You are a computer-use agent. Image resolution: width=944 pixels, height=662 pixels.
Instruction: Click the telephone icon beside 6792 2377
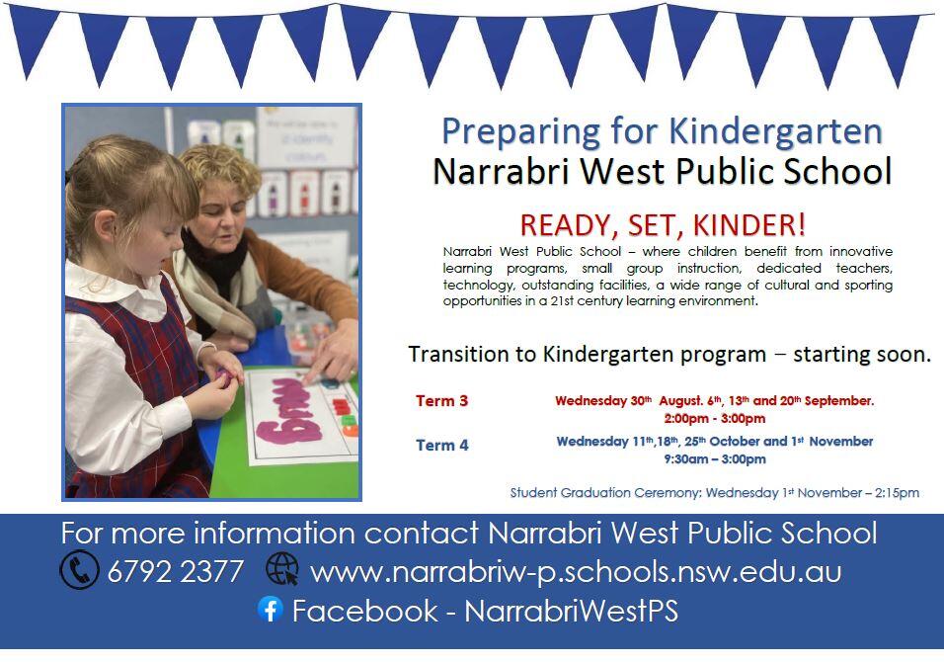[x=79, y=569]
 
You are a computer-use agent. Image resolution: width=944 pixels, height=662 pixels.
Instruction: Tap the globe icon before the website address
[x=282, y=569]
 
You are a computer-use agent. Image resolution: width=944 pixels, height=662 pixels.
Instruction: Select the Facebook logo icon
[x=271, y=609]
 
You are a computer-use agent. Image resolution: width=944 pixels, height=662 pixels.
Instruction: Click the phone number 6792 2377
[x=175, y=571]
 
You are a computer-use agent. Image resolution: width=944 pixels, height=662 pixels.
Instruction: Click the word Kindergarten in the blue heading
[x=775, y=132]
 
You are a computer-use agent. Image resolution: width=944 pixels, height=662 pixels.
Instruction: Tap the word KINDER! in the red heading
[x=748, y=225]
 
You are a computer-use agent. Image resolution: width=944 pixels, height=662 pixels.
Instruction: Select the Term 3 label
[x=442, y=401]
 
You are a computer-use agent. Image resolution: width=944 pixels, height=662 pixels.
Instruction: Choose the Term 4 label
[x=442, y=446]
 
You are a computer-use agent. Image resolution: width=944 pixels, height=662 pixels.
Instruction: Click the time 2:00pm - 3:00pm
[x=715, y=418]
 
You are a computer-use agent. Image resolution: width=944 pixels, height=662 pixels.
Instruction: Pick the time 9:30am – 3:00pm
[x=715, y=459]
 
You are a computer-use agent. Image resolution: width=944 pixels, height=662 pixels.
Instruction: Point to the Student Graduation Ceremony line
[x=715, y=493]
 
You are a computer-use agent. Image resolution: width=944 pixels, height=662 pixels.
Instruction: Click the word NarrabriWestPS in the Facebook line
[x=572, y=611]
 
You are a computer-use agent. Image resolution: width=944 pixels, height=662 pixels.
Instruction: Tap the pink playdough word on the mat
[x=287, y=413]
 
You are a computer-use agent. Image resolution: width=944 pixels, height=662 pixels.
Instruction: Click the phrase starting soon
[x=862, y=354]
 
